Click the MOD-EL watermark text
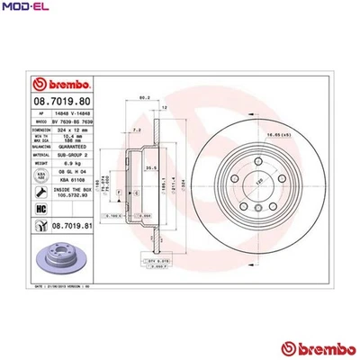click(x=24, y=8)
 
